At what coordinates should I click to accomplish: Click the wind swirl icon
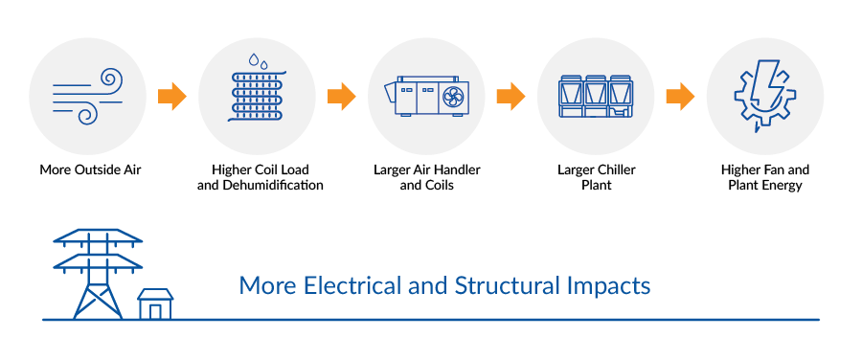(x=87, y=97)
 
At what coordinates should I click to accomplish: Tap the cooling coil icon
(x=257, y=97)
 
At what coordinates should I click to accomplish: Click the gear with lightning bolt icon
(x=764, y=97)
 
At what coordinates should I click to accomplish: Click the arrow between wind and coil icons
(x=172, y=97)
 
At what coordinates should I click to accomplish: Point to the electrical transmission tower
(x=97, y=272)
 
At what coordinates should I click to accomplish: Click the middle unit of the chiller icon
(x=596, y=97)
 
